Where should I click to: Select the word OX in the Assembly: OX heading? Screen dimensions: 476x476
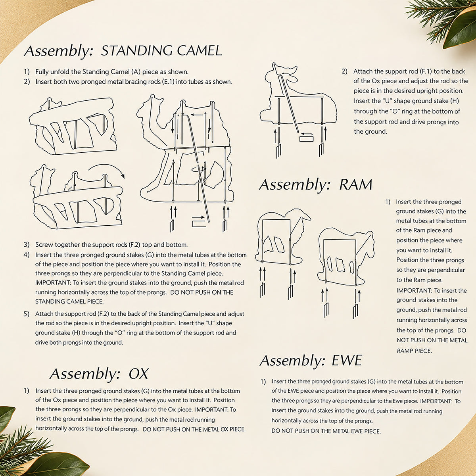pyautogui.click(x=138, y=374)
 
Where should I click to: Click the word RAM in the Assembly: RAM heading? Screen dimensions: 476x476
pyautogui.click(x=356, y=184)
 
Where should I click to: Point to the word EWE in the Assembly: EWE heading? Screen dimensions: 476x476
pyautogui.click(x=347, y=360)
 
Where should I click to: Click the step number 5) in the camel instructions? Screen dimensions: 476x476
pyautogui.click(x=27, y=314)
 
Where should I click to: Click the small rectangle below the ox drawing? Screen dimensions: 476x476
pyautogui.click(x=306, y=138)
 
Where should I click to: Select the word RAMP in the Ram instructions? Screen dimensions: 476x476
pyautogui.click(x=404, y=351)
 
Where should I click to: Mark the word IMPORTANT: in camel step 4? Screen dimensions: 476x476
pyautogui.click(x=53, y=282)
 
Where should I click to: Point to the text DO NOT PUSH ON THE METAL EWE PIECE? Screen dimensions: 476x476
pyautogui.click(x=326, y=431)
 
